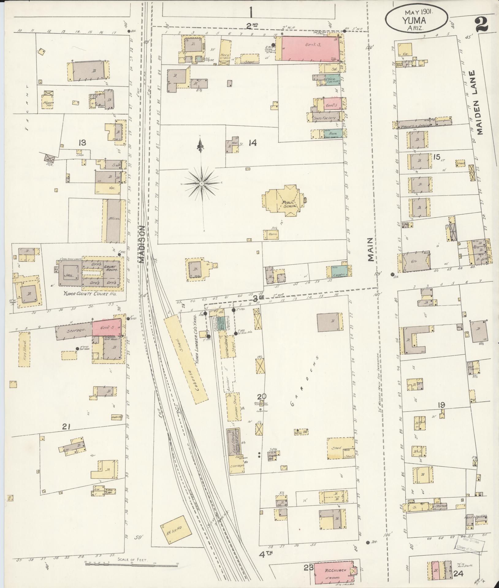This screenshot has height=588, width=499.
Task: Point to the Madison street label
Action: pyautogui.click(x=141, y=245)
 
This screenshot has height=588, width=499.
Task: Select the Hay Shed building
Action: pyautogui.click(x=25, y=349)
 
